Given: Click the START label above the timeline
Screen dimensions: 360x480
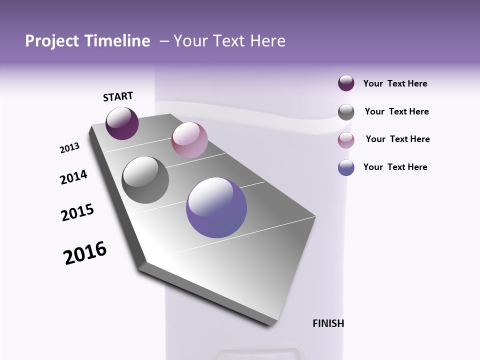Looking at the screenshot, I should (x=118, y=96).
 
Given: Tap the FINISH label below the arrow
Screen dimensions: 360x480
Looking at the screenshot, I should (x=328, y=323).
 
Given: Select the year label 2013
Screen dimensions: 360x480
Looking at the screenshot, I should (x=70, y=147).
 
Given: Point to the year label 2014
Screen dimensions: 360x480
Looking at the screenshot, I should (x=73, y=177).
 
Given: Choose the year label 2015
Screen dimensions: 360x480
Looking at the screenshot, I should (x=77, y=212).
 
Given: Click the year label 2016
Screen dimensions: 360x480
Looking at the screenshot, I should (x=85, y=253).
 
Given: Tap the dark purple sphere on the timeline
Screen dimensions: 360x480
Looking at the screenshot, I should (x=122, y=123).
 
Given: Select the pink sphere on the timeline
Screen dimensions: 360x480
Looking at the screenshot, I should (x=189, y=140).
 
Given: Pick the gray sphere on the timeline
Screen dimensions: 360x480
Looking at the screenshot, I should (x=145, y=180).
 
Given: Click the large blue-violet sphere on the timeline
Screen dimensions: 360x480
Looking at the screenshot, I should (x=216, y=207).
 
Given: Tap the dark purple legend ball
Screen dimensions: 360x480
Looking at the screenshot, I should (x=346, y=83).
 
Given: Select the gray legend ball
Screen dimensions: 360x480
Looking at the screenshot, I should (x=346, y=112).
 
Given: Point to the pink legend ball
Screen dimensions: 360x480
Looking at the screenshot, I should (x=346, y=140).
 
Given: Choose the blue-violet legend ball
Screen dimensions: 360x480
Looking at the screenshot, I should (x=346, y=167).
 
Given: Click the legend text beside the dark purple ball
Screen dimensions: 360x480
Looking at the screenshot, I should (x=395, y=84).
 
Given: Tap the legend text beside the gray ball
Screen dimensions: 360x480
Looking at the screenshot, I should (x=396, y=111).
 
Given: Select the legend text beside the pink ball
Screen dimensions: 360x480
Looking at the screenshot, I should (x=397, y=139).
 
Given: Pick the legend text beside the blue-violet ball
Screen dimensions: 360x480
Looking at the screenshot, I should (x=395, y=167).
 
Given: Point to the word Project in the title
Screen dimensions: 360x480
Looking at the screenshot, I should (x=50, y=41).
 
